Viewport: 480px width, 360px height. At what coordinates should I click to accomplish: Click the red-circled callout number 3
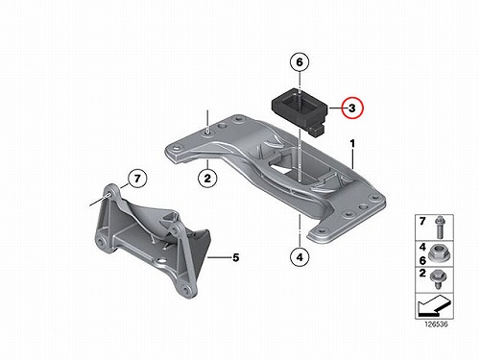click(x=352, y=108)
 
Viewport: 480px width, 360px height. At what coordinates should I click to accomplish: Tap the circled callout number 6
click(x=300, y=61)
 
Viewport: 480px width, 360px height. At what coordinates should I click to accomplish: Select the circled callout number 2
click(x=207, y=178)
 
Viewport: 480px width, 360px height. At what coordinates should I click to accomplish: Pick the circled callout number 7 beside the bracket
click(x=137, y=179)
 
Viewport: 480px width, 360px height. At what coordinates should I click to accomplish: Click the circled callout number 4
click(x=300, y=256)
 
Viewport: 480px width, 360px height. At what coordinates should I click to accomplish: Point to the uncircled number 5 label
click(x=236, y=257)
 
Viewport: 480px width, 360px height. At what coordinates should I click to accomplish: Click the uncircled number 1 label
click(x=352, y=144)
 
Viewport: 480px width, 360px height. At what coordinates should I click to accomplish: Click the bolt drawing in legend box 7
click(x=440, y=227)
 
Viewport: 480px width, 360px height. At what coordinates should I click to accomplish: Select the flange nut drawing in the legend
click(x=439, y=253)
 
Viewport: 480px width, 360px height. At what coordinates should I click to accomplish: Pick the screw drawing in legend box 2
click(x=438, y=279)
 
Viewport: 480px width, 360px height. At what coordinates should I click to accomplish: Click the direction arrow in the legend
click(x=434, y=304)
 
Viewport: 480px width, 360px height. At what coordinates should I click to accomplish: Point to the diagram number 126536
click(x=436, y=324)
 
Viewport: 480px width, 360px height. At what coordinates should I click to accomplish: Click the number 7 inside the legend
click(x=422, y=221)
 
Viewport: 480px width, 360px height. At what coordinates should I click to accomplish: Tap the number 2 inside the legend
click(x=422, y=273)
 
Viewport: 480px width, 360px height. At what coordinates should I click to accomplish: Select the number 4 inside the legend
click(x=422, y=247)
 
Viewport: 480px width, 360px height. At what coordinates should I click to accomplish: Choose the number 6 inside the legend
click(x=422, y=260)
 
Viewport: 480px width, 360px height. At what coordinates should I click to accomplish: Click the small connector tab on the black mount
click(x=318, y=131)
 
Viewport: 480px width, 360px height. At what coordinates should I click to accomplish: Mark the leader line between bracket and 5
click(x=220, y=257)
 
